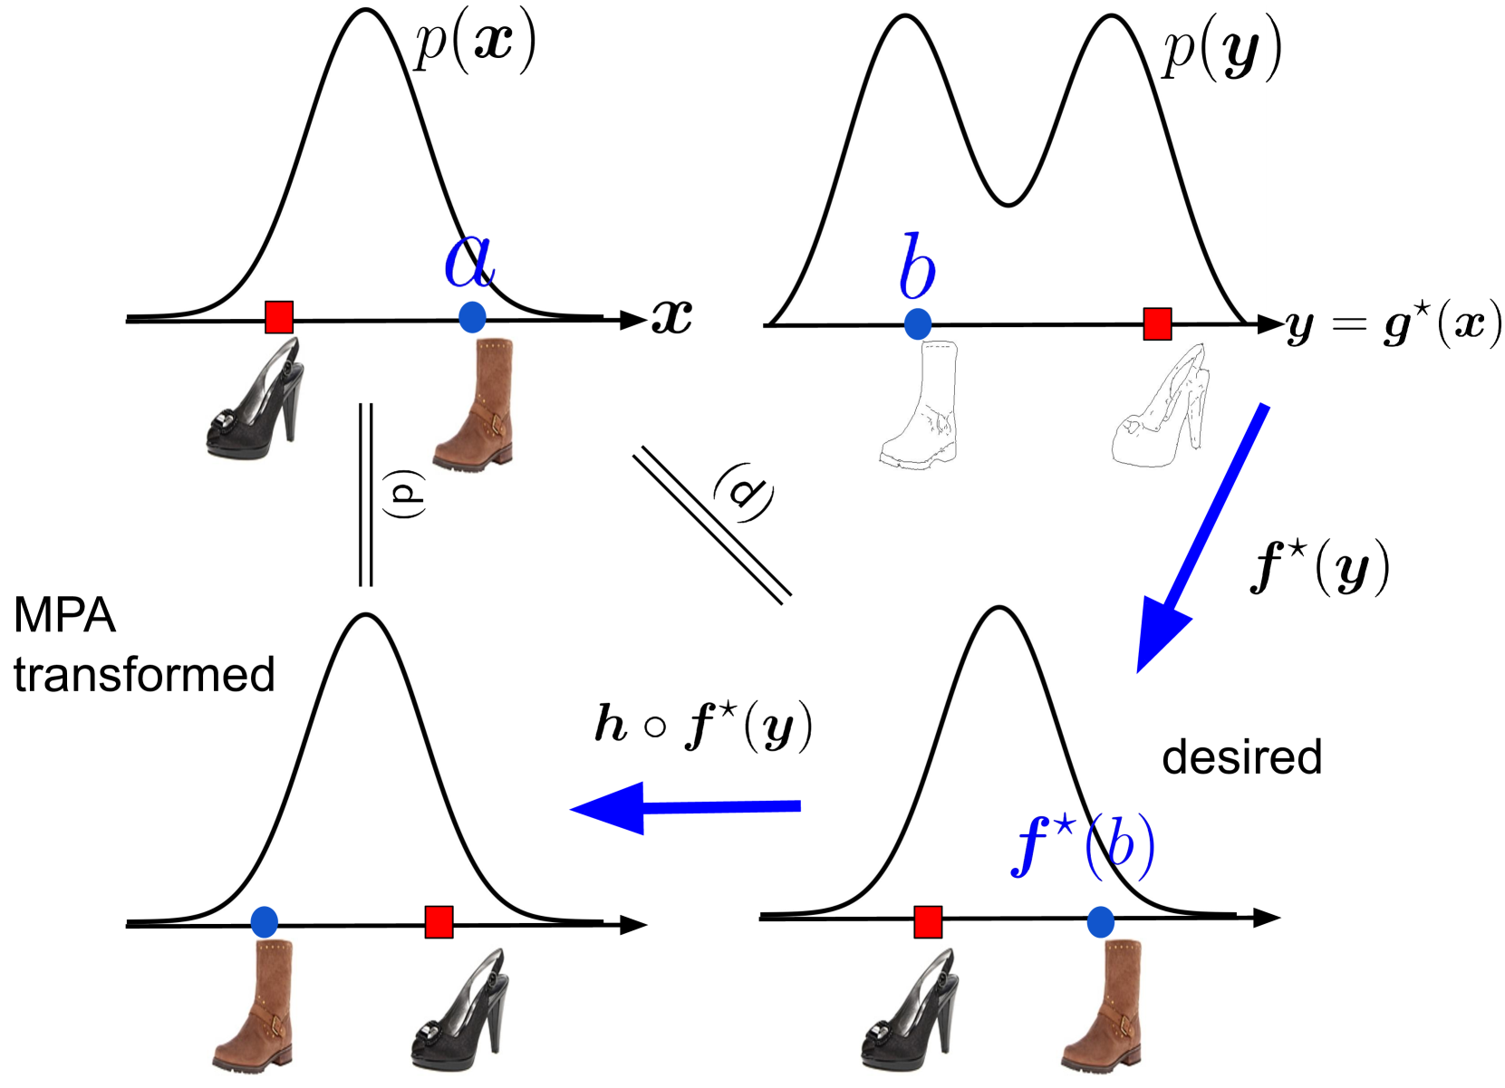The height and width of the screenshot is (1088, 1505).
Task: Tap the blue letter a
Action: (x=469, y=261)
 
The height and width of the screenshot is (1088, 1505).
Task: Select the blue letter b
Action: (x=917, y=266)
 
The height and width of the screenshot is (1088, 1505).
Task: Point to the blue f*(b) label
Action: (x=1084, y=846)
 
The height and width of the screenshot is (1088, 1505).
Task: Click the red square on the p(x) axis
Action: (x=279, y=317)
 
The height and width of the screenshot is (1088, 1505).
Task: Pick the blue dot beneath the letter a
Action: (x=472, y=317)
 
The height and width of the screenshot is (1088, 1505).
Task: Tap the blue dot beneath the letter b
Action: (x=918, y=323)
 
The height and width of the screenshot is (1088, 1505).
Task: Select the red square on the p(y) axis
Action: (x=1157, y=323)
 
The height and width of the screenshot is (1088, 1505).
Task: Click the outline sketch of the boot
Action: (x=918, y=405)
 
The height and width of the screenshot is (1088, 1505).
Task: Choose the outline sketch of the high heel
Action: (x=1161, y=405)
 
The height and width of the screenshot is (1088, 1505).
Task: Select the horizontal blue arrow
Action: (x=685, y=807)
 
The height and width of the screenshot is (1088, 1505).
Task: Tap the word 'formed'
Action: (x=199, y=675)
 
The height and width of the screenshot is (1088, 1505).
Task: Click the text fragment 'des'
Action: (x=1199, y=757)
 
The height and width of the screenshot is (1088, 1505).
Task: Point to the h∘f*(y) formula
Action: (x=703, y=726)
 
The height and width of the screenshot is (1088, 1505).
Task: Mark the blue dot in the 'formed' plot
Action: (x=264, y=921)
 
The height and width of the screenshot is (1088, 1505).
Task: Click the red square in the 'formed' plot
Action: (x=439, y=921)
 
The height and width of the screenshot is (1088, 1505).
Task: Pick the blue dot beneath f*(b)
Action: (x=1100, y=921)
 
